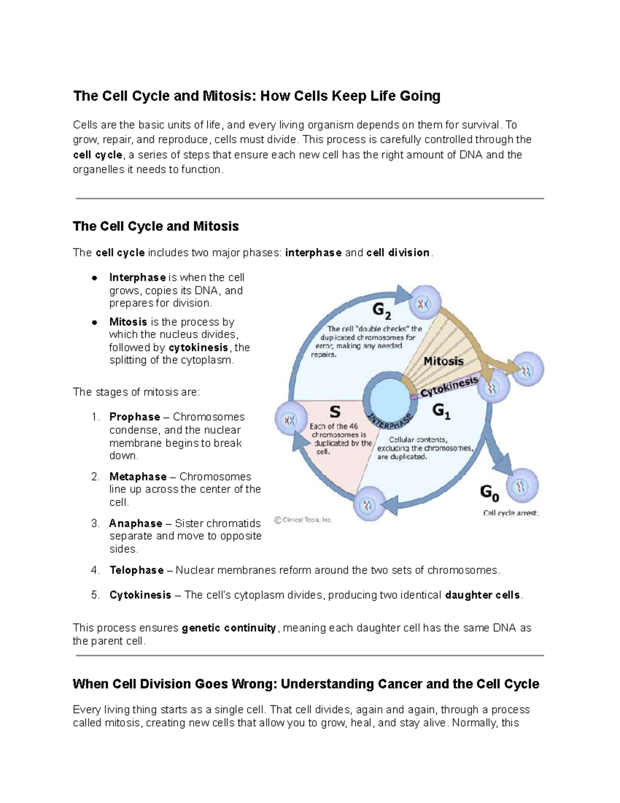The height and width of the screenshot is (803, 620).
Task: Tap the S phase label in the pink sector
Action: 335,412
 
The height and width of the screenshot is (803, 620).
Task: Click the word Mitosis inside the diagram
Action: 443,361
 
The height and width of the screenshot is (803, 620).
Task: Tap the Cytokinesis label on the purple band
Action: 449,388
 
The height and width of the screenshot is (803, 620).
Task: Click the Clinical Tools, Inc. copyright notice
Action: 303,520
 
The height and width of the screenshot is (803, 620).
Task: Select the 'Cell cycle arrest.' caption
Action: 510,513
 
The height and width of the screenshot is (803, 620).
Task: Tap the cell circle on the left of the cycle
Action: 291,419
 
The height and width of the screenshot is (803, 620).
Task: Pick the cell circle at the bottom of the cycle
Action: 369,504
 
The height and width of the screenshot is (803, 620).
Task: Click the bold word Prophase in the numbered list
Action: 134,417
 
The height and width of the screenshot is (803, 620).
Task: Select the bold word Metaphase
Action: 138,476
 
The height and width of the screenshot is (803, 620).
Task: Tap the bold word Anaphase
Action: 135,523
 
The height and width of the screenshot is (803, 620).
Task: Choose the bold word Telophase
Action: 136,570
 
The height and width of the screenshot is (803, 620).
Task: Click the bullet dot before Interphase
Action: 94,278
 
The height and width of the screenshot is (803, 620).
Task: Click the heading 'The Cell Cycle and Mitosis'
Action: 156,226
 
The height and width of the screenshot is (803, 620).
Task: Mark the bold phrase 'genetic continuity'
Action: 229,628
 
